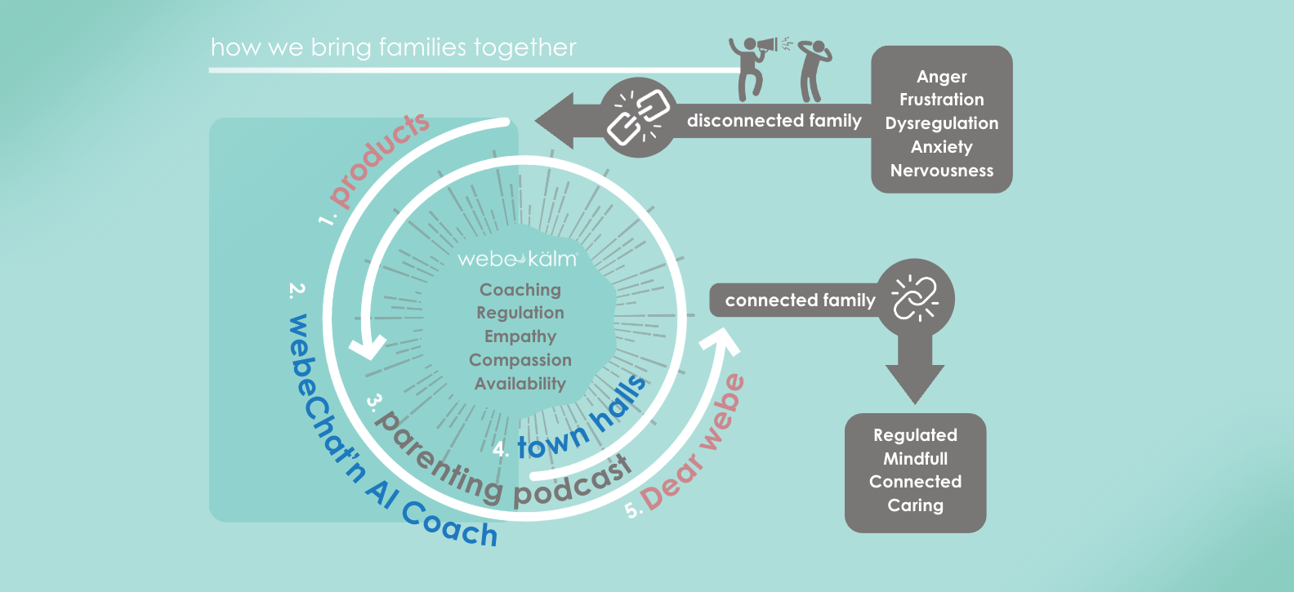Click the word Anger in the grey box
pos(941,77)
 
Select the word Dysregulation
pos(941,123)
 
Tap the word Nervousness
pos(941,171)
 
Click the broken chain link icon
pos(638,118)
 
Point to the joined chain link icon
pos(915,298)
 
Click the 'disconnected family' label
pos(774,121)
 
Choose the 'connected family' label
pos(800,300)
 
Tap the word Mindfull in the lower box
pos(915,459)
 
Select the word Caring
pos(915,505)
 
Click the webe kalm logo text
pos(517,260)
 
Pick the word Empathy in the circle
pos(520,336)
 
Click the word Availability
pos(520,384)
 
